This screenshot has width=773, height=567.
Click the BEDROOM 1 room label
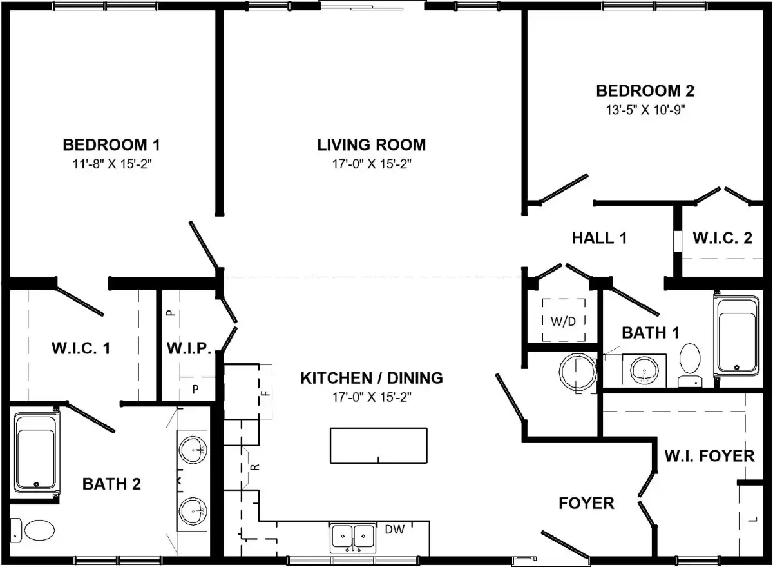pos(111,145)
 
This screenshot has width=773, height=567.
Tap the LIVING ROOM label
pos(371,145)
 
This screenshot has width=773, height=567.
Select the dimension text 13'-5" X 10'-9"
pos(645,110)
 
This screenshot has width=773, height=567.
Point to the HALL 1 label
pos(600,238)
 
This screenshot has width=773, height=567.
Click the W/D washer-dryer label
pos(563,322)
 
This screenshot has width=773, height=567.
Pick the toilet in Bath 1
pos(690,365)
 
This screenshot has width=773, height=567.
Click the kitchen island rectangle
pos(379,445)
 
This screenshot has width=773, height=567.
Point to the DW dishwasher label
pos(394,530)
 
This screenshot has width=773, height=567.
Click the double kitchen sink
pos(353,538)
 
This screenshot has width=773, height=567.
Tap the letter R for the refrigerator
pos(254,467)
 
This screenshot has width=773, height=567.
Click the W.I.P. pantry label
pos(189,348)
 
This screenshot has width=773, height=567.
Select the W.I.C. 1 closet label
pos(81,348)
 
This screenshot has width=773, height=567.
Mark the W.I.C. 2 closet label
pos(722,238)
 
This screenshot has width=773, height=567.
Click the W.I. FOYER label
pos(709,456)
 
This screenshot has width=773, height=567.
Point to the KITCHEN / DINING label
pos(372,379)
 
